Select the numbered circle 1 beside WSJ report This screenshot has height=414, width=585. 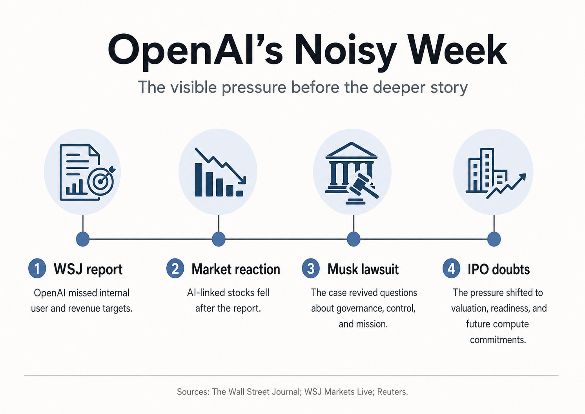pyautogui.click(x=37, y=268)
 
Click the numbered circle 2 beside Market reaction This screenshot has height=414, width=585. pyautogui.click(x=175, y=268)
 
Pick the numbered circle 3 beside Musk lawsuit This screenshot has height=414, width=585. pyautogui.click(x=311, y=268)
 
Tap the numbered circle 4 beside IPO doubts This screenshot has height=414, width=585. pyautogui.click(x=452, y=268)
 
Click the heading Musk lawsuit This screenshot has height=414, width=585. pyautogui.click(x=363, y=269)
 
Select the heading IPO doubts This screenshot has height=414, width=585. pyautogui.click(x=499, y=269)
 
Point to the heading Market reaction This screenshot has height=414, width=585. pyautogui.click(x=236, y=269)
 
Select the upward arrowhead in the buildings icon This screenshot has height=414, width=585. pyautogui.click(x=521, y=177)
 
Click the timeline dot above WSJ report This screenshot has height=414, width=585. pyautogui.click(x=83, y=239)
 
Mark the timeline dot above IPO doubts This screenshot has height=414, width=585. pyautogui.click(x=494, y=239)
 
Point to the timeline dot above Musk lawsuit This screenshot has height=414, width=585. pyautogui.click(x=354, y=239)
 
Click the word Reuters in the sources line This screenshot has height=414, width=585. pyautogui.click(x=392, y=392)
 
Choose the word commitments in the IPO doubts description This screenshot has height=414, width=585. pyautogui.click(x=498, y=340)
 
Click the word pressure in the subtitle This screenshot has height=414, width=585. pyautogui.click(x=254, y=88)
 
